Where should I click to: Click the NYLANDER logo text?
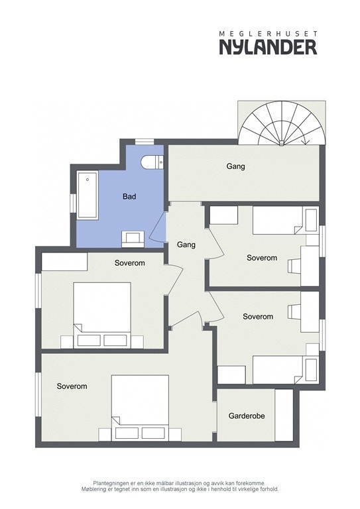pyautogui.click(x=268, y=46)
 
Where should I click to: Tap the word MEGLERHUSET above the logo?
pyautogui.click(x=268, y=32)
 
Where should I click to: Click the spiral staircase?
pyautogui.click(x=282, y=124)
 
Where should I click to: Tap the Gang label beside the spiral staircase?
pyautogui.click(x=235, y=166)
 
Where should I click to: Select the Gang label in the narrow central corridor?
pyautogui.click(x=186, y=245)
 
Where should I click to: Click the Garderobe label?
pyautogui.click(x=247, y=416)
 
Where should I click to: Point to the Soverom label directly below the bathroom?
pyautogui.click(x=139, y=263)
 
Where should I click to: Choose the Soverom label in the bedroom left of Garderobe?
pyautogui.click(x=72, y=386)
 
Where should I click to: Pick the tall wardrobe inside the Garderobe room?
pyautogui.click(x=284, y=415)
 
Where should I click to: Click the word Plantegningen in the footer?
pyautogui.click(x=113, y=484)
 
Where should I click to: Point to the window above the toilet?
pyautogui.click(x=144, y=141)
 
